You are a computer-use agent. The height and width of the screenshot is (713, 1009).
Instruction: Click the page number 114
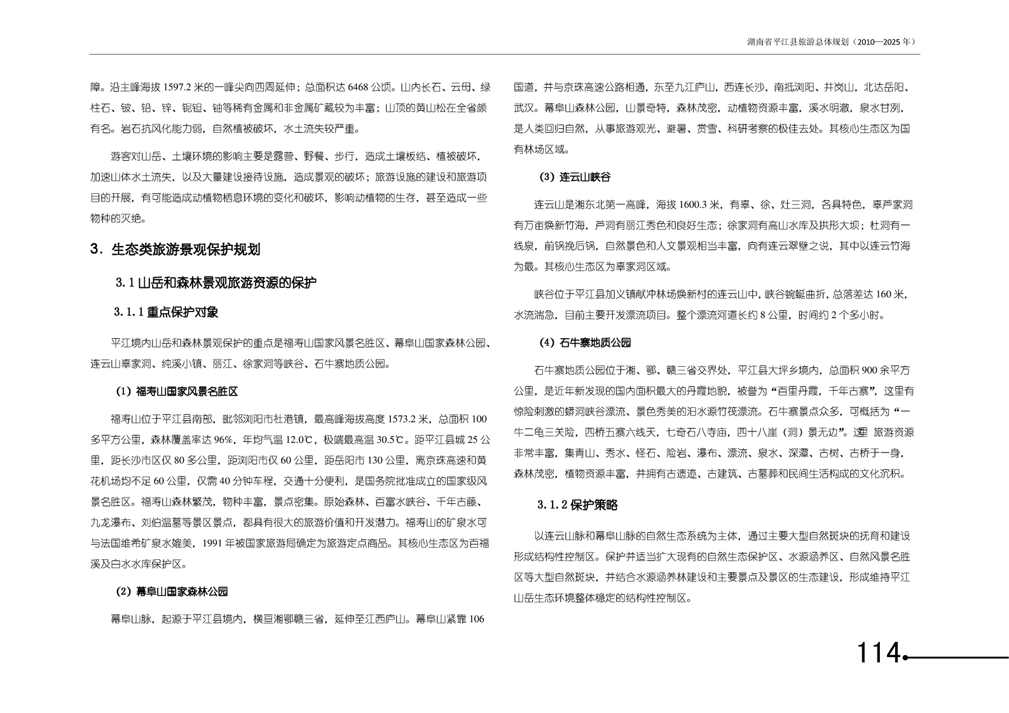tap(879, 653)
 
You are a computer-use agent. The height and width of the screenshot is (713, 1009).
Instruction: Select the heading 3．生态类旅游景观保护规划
tap(175, 250)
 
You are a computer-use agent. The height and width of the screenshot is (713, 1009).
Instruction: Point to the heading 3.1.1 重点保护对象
tap(166, 313)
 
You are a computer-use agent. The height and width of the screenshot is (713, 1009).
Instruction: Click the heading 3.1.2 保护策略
tap(577, 505)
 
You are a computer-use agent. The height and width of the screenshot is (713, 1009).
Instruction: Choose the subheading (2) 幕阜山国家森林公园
tap(172, 592)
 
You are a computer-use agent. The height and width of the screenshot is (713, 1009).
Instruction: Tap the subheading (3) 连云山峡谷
tap(574, 177)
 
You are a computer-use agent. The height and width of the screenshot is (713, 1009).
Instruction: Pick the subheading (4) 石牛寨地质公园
tap(585, 343)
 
